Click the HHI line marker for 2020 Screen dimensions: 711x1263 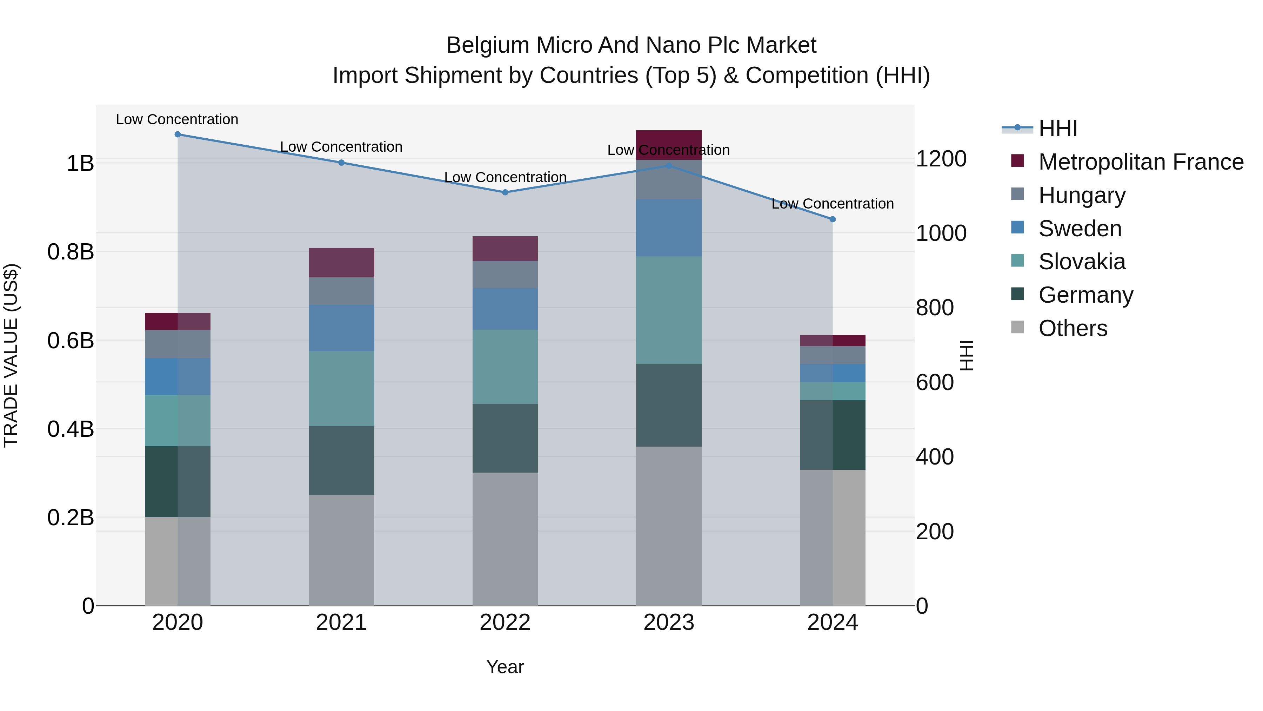pyautogui.click(x=178, y=134)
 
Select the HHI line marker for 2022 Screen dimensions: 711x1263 pyautogui.click(x=505, y=192)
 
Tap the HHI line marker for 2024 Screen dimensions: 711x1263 pyautogui.click(x=833, y=219)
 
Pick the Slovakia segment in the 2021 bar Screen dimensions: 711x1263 pyautogui.click(x=341, y=389)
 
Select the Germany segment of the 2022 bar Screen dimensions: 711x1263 pyautogui.click(x=505, y=438)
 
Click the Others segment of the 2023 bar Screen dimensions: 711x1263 pyautogui.click(x=669, y=526)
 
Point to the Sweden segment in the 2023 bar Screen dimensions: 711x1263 pyautogui.click(x=669, y=228)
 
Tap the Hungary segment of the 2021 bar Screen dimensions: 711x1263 pyautogui.click(x=341, y=291)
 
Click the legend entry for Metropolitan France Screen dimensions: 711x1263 pyautogui.click(x=1141, y=162)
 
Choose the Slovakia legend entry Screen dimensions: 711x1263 pyautogui.click(x=1082, y=262)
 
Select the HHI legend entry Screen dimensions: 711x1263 pyautogui.click(x=1057, y=129)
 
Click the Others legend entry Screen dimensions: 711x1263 pyautogui.click(x=1073, y=328)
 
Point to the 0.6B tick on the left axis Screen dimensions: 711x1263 pyautogui.click(x=71, y=341)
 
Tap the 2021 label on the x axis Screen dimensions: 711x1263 pyautogui.click(x=341, y=623)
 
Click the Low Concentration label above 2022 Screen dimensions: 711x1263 pyautogui.click(x=505, y=177)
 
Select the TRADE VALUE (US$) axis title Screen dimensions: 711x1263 pyautogui.click(x=11, y=355)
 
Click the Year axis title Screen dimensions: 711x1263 pyautogui.click(x=505, y=667)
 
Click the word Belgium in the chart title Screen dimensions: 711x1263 pyautogui.click(x=487, y=45)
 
